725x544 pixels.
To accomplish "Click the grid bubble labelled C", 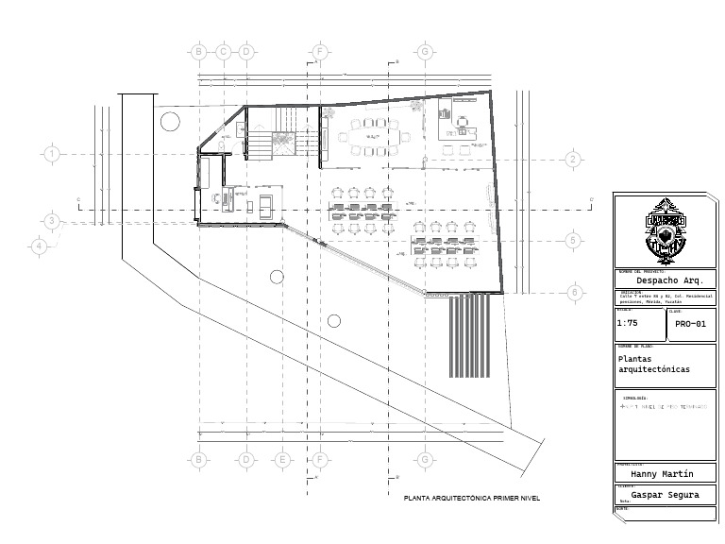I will [x=223, y=51].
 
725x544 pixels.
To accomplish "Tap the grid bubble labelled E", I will [x=281, y=460].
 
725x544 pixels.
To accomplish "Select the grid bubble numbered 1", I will [x=52, y=153].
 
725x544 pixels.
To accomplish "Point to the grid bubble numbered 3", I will [x=52, y=222].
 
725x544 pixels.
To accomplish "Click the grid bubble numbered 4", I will [x=39, y=246].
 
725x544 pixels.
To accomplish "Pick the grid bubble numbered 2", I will [x=573, y=160].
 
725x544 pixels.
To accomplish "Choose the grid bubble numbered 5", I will [x=573, y=241].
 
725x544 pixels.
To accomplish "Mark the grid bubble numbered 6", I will [x=573, y=293].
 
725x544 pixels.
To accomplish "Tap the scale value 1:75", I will [x=627, y=323].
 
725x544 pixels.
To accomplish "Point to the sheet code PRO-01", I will [x=690, y=324].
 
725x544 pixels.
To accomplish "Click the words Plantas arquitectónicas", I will [x=653, y=365].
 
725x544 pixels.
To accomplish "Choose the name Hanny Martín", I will [x=662, y=474].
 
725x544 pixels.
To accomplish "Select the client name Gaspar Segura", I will [x=665, y=494].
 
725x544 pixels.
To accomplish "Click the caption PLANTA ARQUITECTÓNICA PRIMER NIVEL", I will [x=471, y=498].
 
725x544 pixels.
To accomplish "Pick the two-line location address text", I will [x=666, y=297].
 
